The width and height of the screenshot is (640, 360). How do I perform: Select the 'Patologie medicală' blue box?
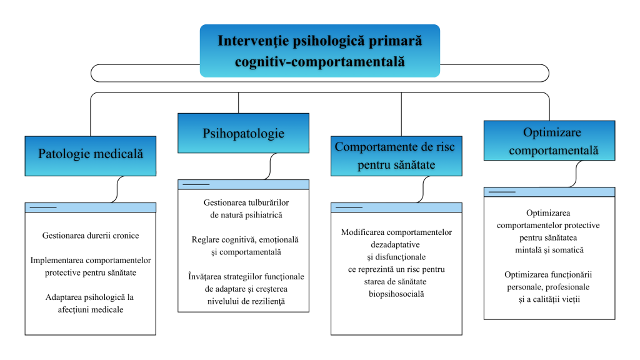[x=90, y=154]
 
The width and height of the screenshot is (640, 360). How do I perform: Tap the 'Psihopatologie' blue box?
[x=243, y=133]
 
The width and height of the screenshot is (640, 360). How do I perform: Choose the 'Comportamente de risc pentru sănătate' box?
[x=396, y=156]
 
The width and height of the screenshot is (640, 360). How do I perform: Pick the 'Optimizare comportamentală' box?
[x=549, y=141]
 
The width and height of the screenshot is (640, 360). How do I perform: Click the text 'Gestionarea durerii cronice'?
[x=90, y=236]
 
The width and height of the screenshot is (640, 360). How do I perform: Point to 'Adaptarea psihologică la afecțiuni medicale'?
[x=90, y=303]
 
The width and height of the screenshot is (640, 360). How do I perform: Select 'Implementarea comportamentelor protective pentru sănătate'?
[x=90, y=266]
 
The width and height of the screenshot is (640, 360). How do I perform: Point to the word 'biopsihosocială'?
[x=396, y=293]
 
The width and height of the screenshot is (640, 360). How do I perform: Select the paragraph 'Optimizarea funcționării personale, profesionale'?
[x=549, y=287]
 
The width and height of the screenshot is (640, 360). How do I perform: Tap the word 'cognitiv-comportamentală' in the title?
[x=319, y=62]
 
